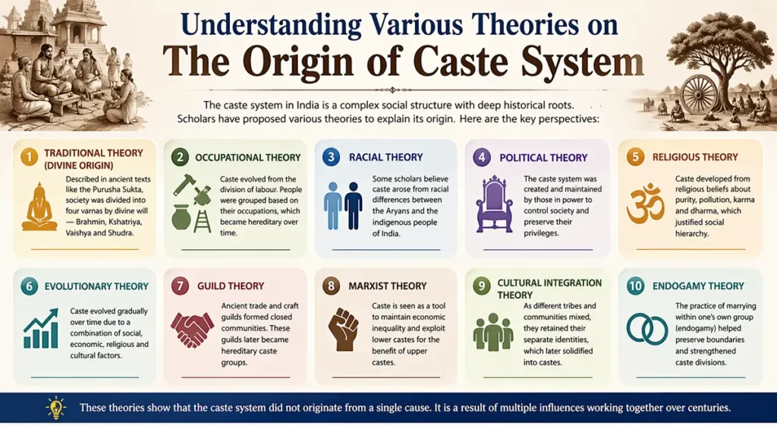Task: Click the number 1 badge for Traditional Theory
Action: click(29, 157)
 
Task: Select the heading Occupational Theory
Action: click(247, 157)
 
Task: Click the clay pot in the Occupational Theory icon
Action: click(181, 218)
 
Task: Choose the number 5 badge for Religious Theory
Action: click(635, 157)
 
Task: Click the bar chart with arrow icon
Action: click(41, 328)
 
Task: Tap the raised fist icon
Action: click(343, 329)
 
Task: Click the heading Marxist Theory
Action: click(388, 286)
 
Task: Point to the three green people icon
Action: click(494, 332)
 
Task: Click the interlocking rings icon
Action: click(646, 328)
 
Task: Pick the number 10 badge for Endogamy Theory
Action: click(635, 286)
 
